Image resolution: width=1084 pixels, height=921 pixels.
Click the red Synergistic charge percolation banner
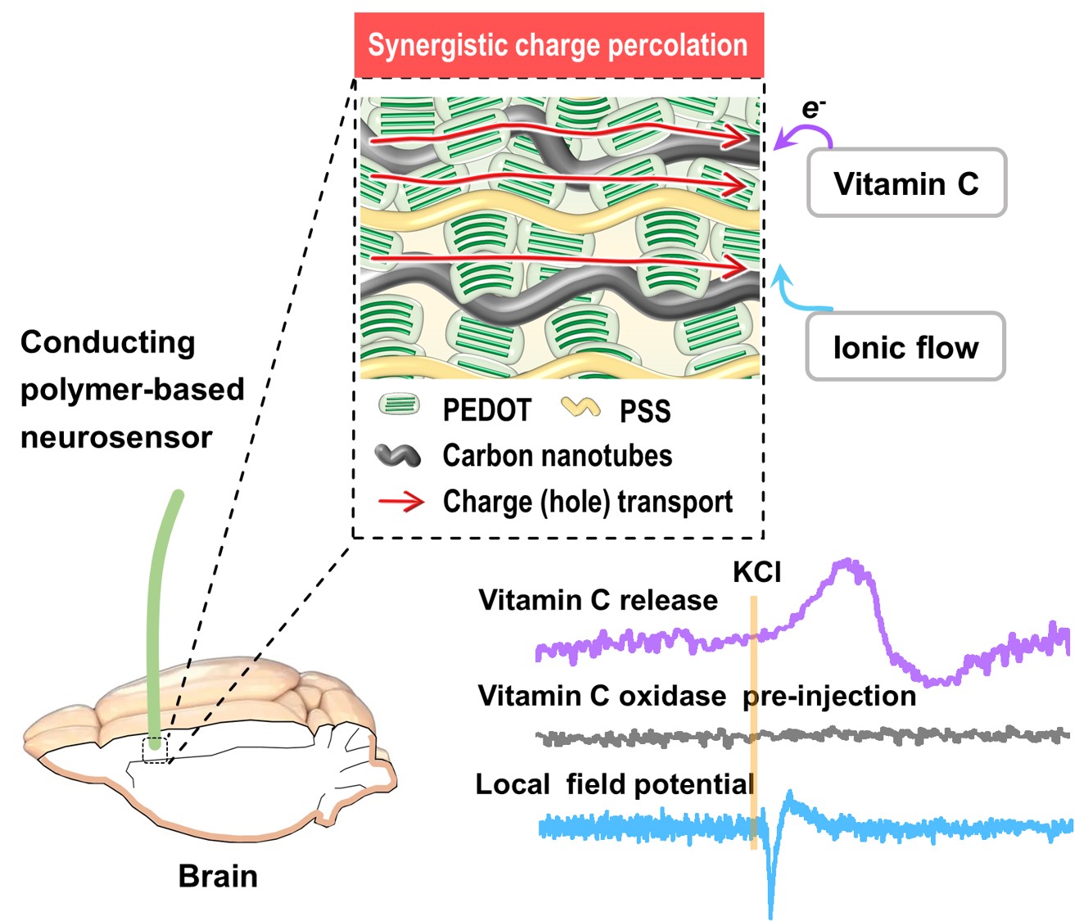558,45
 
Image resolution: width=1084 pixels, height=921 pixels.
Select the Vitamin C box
906,183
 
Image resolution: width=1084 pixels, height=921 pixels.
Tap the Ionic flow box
906,347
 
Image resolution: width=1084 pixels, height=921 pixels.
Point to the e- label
813,108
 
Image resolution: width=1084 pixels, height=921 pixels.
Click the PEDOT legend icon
400,405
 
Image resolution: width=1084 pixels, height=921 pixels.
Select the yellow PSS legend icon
580,407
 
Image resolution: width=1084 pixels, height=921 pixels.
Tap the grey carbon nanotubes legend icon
398,456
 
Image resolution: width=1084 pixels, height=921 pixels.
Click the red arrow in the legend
401,501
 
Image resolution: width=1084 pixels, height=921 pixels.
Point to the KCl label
757,571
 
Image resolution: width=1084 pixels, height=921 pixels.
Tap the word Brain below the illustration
218,876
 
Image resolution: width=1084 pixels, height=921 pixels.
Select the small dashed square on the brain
155,749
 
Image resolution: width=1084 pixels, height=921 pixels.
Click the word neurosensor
116,437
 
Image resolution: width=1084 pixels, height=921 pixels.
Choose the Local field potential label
615,784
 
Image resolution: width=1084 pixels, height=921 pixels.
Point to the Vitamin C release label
598,600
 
